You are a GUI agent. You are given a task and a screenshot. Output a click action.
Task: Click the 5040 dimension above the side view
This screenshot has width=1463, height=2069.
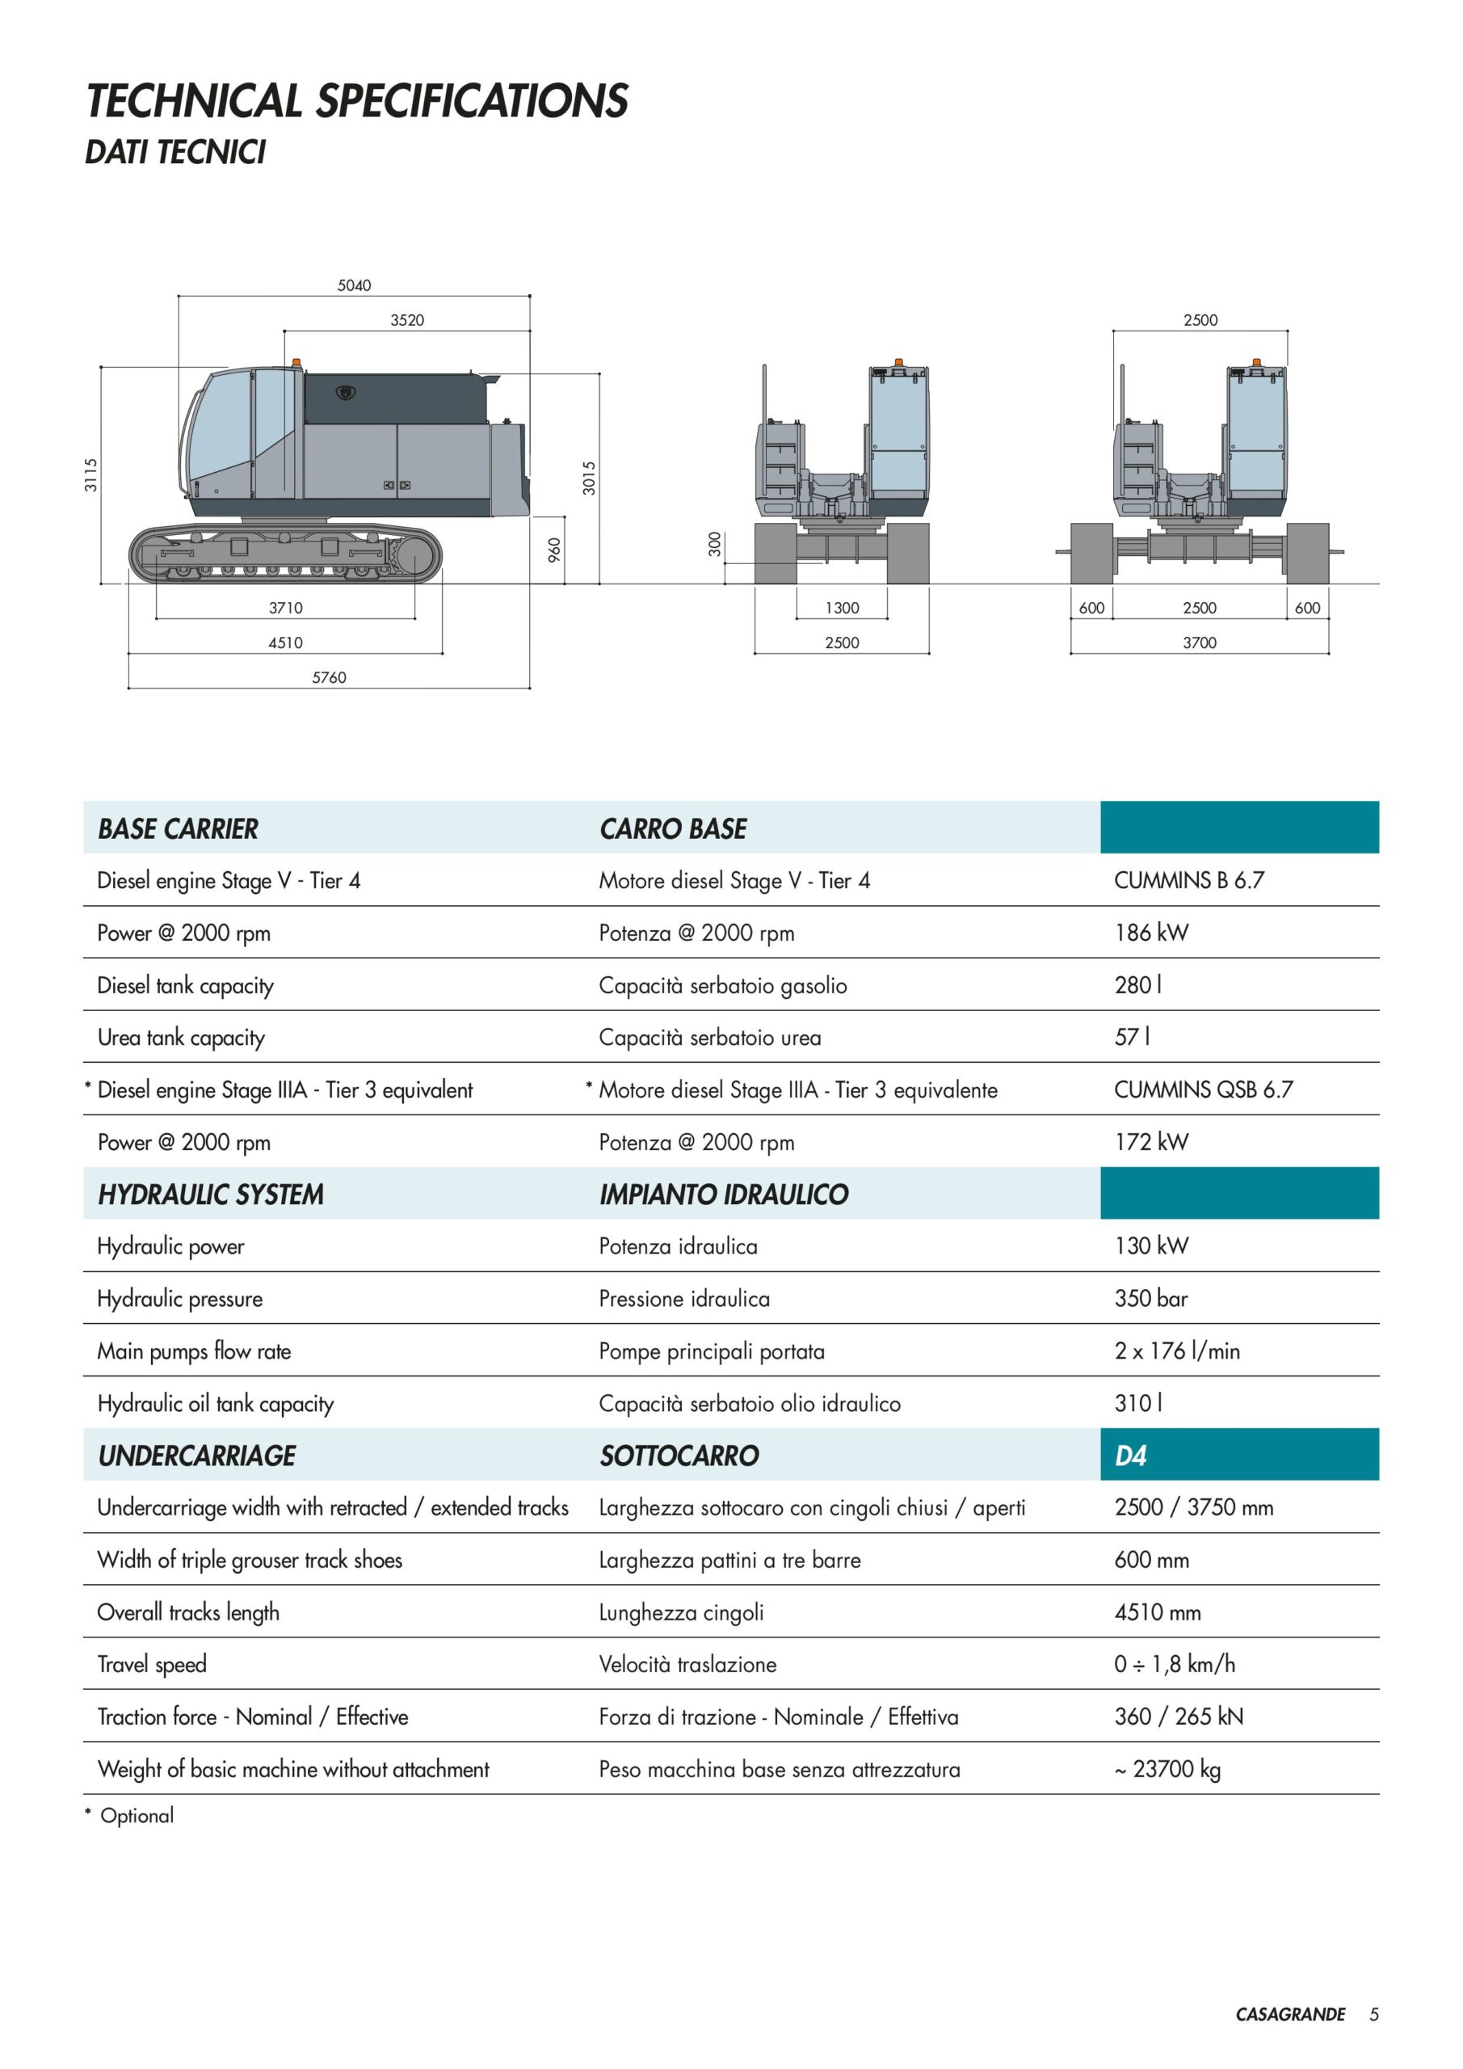pos(354,284)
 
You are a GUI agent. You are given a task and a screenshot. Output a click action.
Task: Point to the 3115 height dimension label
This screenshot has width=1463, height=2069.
pos(91,475)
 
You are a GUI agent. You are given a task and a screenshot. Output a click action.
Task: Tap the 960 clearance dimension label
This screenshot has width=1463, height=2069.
pos(555,550)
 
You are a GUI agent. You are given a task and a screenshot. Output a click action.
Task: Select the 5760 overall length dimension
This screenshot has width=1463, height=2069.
pos(329,676)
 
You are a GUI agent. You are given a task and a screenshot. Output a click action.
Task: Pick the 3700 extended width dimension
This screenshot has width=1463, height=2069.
pos(1200,643)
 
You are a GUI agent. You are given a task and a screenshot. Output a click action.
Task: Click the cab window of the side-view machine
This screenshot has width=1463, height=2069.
pos(221,425)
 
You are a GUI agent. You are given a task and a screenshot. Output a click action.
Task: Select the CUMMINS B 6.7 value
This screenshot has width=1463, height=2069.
pos(1189,880)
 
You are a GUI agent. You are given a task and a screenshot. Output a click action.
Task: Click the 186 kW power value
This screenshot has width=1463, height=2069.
pos(1151,933)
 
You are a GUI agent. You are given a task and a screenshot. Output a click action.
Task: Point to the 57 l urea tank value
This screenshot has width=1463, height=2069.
pos(1133,1037)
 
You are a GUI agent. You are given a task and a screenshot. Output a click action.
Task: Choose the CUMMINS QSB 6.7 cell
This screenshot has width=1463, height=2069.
pos(1204,1089)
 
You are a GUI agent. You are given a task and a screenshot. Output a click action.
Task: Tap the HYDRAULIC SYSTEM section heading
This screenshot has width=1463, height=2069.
pos(211,1194)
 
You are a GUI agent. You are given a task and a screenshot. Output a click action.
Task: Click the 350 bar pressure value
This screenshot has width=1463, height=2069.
pos(1151,1299)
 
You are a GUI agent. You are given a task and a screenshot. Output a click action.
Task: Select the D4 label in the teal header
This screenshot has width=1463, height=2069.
pos(1131,1456)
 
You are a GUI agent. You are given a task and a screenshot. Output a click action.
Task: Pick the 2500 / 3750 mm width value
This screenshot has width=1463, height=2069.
pos(1194,1507)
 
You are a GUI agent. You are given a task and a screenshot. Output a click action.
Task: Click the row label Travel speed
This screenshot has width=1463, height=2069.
pos(152,1664)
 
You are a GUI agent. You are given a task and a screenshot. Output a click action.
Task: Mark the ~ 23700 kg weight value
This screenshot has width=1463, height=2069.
pos(1167,1769)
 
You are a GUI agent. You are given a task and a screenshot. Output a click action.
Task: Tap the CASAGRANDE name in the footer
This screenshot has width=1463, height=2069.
pos(1290,2014)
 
